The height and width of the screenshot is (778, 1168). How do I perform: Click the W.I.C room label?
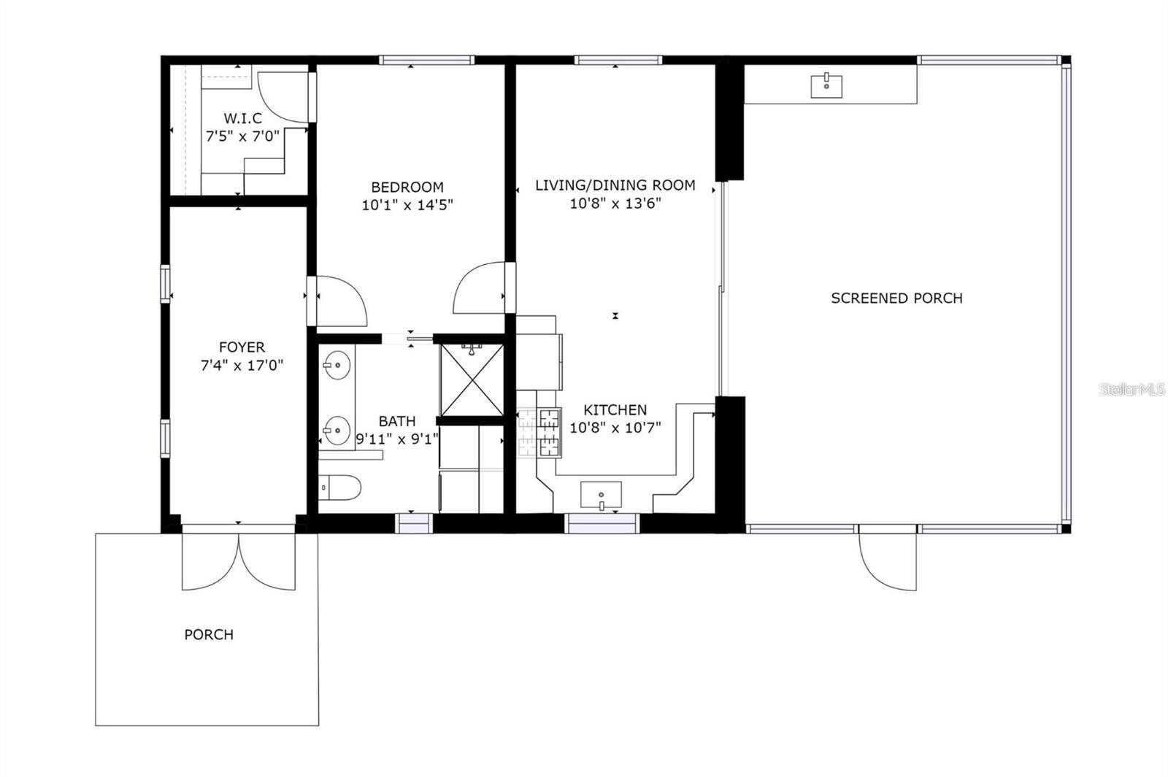[242, 118]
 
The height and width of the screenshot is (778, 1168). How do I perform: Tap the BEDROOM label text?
[407, 187]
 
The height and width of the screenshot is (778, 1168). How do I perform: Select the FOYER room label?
[242, 347]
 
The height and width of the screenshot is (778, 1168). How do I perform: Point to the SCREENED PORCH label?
[896, 298]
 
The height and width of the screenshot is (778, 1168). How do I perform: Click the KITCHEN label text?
[615, 410]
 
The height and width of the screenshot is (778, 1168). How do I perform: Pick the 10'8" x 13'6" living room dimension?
[615, 204]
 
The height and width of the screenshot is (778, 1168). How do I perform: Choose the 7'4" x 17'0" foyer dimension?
[242, 365]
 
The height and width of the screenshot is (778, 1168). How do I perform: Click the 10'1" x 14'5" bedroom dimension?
[407, 205]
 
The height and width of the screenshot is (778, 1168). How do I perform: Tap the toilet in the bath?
[340, 488]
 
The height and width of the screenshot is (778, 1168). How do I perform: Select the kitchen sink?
[601, 495]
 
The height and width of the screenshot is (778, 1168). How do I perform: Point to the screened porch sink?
[826, 85]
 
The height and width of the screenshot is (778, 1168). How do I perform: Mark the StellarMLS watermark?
[1132, 390]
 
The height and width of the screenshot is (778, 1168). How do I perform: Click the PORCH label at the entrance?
[209, 635]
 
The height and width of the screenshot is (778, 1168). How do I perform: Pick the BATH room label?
[396, 421]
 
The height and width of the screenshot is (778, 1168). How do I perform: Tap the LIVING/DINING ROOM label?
[615, 185]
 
